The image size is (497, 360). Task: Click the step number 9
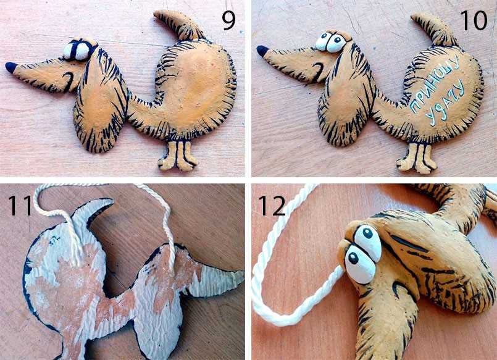pyautogui.click(x=228, y=20)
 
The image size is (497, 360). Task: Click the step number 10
pyautogui.click(x=474, y=20)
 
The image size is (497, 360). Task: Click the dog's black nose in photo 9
pyautogui.click(x=11, y=67)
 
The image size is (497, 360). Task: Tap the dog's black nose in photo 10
pyautogui.click(x=262, y=51)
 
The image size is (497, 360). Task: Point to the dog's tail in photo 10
pyautogui.click(x=434, y=28)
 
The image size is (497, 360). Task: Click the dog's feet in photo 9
pyautogui.click(x=178, y=156)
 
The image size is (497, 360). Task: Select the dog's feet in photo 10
pyautogui.click(x=416, y=158)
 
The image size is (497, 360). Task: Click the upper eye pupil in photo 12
pyautogui.click(x=368, y=233)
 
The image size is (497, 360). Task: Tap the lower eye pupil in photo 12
pyautogui.click(x=353, y=258)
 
